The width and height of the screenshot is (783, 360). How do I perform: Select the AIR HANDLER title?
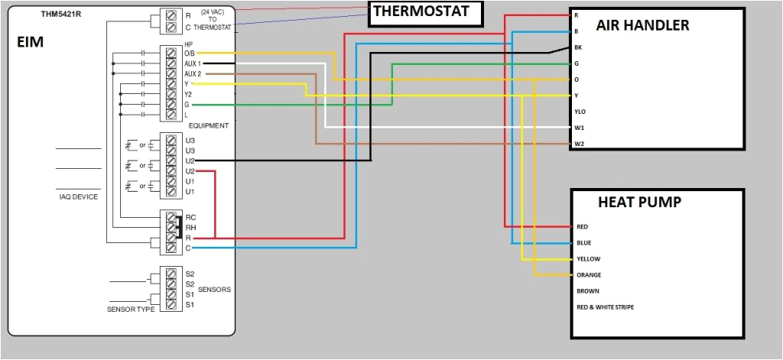(x=642, y=25)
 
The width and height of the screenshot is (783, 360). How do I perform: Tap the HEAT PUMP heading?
(x=639, y=203)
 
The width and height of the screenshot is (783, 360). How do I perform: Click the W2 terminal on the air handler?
(x=579, y=144)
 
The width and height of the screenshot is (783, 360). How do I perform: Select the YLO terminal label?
(x=580, y=112)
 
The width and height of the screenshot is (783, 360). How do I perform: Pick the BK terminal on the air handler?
(x=578, y=47)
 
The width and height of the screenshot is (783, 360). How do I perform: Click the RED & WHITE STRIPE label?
(x=605, y=307)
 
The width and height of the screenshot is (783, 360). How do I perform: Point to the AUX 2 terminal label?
(x=193, y=73)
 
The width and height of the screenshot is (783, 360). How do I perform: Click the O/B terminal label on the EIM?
(x=190, y=53)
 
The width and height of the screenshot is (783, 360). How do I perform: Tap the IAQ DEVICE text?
(x=79, y=196)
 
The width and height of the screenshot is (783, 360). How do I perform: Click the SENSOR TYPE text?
(x=131, y=309)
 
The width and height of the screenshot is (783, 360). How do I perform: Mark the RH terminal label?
(x=190, y=227)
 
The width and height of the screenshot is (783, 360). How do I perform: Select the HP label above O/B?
(x=188, y=44)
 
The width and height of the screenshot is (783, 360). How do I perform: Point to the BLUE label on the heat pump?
(x=584, y=243)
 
